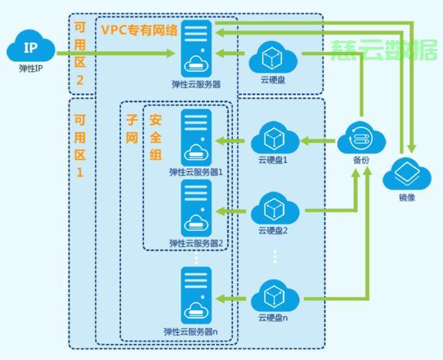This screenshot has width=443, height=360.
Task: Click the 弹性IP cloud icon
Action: click(x=31, y=46)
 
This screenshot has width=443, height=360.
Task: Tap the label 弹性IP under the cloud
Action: click(x=31, y=68)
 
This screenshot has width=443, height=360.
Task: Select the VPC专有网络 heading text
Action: click(x=140, y=30)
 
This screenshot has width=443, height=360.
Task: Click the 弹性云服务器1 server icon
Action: click(x=196, y=138)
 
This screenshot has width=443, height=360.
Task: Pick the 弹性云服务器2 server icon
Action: click(x=196, y=208)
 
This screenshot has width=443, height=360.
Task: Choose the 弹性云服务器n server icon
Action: click(x=196, y=295)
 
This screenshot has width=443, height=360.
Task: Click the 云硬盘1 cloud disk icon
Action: click(x=275, y=138)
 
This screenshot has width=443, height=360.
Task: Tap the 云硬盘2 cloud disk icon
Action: click(x=275, y=208)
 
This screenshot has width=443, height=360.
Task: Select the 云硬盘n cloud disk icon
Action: click(x=275, y=296)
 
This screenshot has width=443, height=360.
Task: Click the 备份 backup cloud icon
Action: click(x=362, y=138)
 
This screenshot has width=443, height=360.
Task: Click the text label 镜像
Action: click(x=407, y=197)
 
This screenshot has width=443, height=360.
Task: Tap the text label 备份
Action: click(x=362, y=160)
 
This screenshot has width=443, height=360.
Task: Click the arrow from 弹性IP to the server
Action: click(x=116, y=53)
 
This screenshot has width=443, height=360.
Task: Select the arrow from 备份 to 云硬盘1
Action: click(x=318, y=140)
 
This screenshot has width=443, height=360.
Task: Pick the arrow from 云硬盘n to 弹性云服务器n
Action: click(x=231, y=299)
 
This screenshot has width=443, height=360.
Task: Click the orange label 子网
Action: click(x=132, y=129)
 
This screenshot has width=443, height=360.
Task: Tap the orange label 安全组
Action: click(x=156, y=138)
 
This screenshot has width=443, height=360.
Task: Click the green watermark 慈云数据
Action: click(x=384, y=50)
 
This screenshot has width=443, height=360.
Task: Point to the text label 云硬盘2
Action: click(x=273, y=230)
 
